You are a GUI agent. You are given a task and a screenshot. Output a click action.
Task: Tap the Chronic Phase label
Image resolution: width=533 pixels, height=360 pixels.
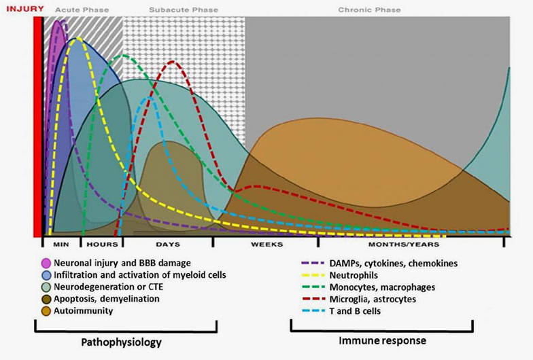point(369,10)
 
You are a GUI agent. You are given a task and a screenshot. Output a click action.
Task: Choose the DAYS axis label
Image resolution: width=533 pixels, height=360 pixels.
point(167,244)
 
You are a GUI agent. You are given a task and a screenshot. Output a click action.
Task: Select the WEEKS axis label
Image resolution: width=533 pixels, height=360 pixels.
point(266,244)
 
